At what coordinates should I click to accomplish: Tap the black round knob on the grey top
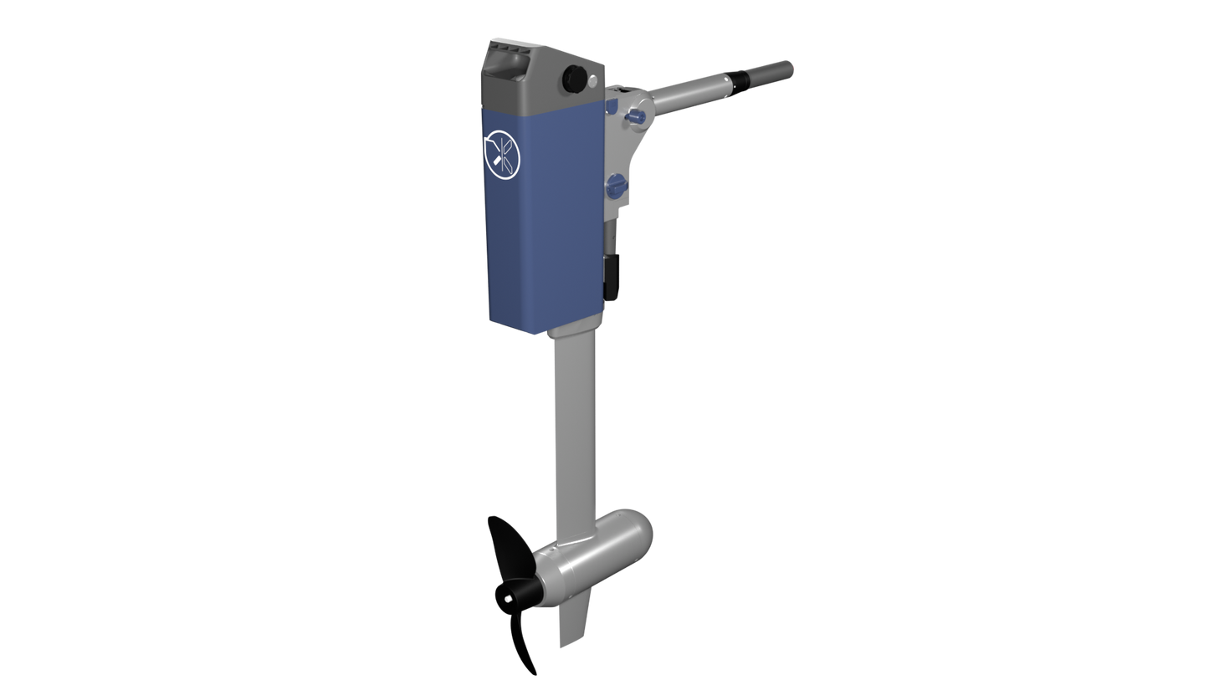pyautogui.click(x=575, y=78)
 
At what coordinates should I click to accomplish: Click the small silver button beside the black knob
pyautogui.click(x=592, y=81)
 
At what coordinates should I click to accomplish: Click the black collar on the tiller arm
pyautogui.click(x=740, y=79)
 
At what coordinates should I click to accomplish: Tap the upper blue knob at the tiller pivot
pyautogui.click(x=636, y=115)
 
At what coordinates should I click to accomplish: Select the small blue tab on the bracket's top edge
pyautogui.click(x=612, y=106)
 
